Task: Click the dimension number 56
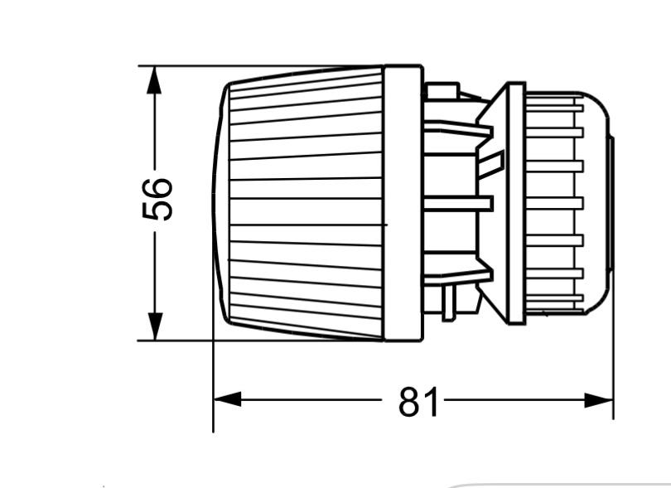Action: point(157,200)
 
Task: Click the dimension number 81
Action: point(418,402)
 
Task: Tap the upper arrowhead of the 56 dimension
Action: point(154,80)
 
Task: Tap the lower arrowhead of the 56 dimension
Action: point(154,326)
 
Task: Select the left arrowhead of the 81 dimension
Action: point(227,399)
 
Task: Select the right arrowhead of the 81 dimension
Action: point(599,400)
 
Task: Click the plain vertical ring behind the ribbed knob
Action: point(403,203)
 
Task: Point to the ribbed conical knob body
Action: point(306,203)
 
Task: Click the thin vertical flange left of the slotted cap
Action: point(515,203)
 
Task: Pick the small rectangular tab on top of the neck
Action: point(442,91)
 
